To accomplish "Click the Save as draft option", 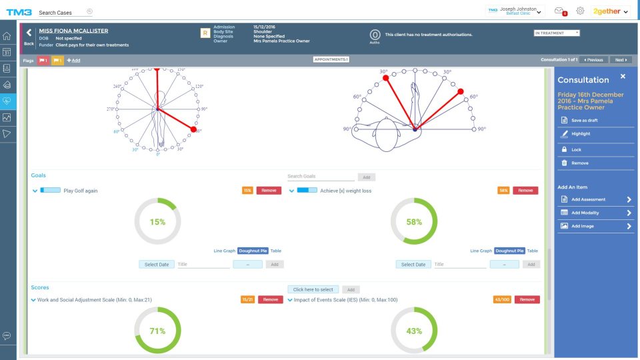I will pos(585,120).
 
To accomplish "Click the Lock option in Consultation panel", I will pos(576,149).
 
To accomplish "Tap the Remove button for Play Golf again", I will pos(269,191).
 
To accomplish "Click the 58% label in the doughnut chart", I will pos(414,221).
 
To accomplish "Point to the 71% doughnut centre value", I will pos(157,331).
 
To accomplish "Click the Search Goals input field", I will pos(321,177).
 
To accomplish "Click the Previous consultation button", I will pos(593,60).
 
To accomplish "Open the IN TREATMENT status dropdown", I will pos(557,33).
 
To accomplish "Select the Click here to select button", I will pos(313,289).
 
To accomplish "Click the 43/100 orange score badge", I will pos(502,300).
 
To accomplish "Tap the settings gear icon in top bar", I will pos(580,11).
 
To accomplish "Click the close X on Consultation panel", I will pos(623,77).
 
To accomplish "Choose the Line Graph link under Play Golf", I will pos(225,251).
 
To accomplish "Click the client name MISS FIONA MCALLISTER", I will pos(73,31).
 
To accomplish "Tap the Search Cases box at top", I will pos(63,12).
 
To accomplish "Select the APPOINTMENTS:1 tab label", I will pos(331,59).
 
